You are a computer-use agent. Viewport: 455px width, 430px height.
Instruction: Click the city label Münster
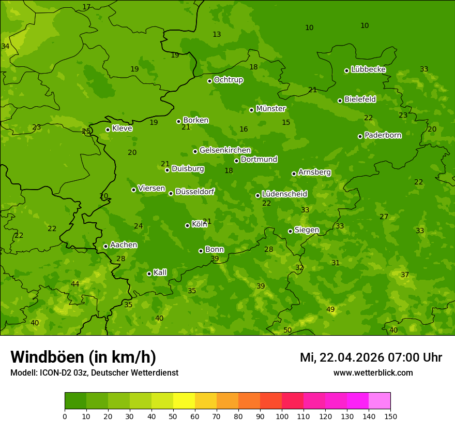coord(271,109)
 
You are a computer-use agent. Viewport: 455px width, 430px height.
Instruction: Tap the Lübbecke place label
coord(368,69)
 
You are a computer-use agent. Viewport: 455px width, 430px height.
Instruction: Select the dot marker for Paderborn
coord(360,136)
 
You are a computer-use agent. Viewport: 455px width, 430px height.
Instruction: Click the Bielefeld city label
coord(360,99)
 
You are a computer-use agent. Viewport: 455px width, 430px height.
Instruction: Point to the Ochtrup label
coord(228,80)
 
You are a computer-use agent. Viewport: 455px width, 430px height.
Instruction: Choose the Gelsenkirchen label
coord(225,150)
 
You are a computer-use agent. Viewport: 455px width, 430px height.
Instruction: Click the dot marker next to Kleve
coord(108,130)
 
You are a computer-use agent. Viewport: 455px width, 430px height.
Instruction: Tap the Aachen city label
coord(124,245)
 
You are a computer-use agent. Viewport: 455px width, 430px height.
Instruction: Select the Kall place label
coord(160,273)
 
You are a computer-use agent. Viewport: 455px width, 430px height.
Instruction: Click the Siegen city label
coord(307,230)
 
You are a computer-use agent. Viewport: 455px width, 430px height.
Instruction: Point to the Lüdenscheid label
coord(284,194)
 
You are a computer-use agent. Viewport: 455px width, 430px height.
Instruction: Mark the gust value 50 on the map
coord(287,330)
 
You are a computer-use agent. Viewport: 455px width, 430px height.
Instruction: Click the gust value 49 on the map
coord(330,309)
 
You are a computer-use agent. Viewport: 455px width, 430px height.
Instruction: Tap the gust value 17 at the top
coord(86,7)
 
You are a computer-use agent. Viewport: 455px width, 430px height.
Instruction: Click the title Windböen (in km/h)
coord(83,357)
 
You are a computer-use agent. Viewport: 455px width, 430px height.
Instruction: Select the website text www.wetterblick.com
coord(373,372)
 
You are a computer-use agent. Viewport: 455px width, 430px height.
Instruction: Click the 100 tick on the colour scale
coord(282,416)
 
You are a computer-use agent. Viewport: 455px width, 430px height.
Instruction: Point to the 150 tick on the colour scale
coord(390,416)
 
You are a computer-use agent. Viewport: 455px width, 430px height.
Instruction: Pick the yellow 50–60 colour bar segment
coord(184,401)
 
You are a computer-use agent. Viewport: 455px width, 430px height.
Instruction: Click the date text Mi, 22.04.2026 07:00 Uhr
coord(371,357)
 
